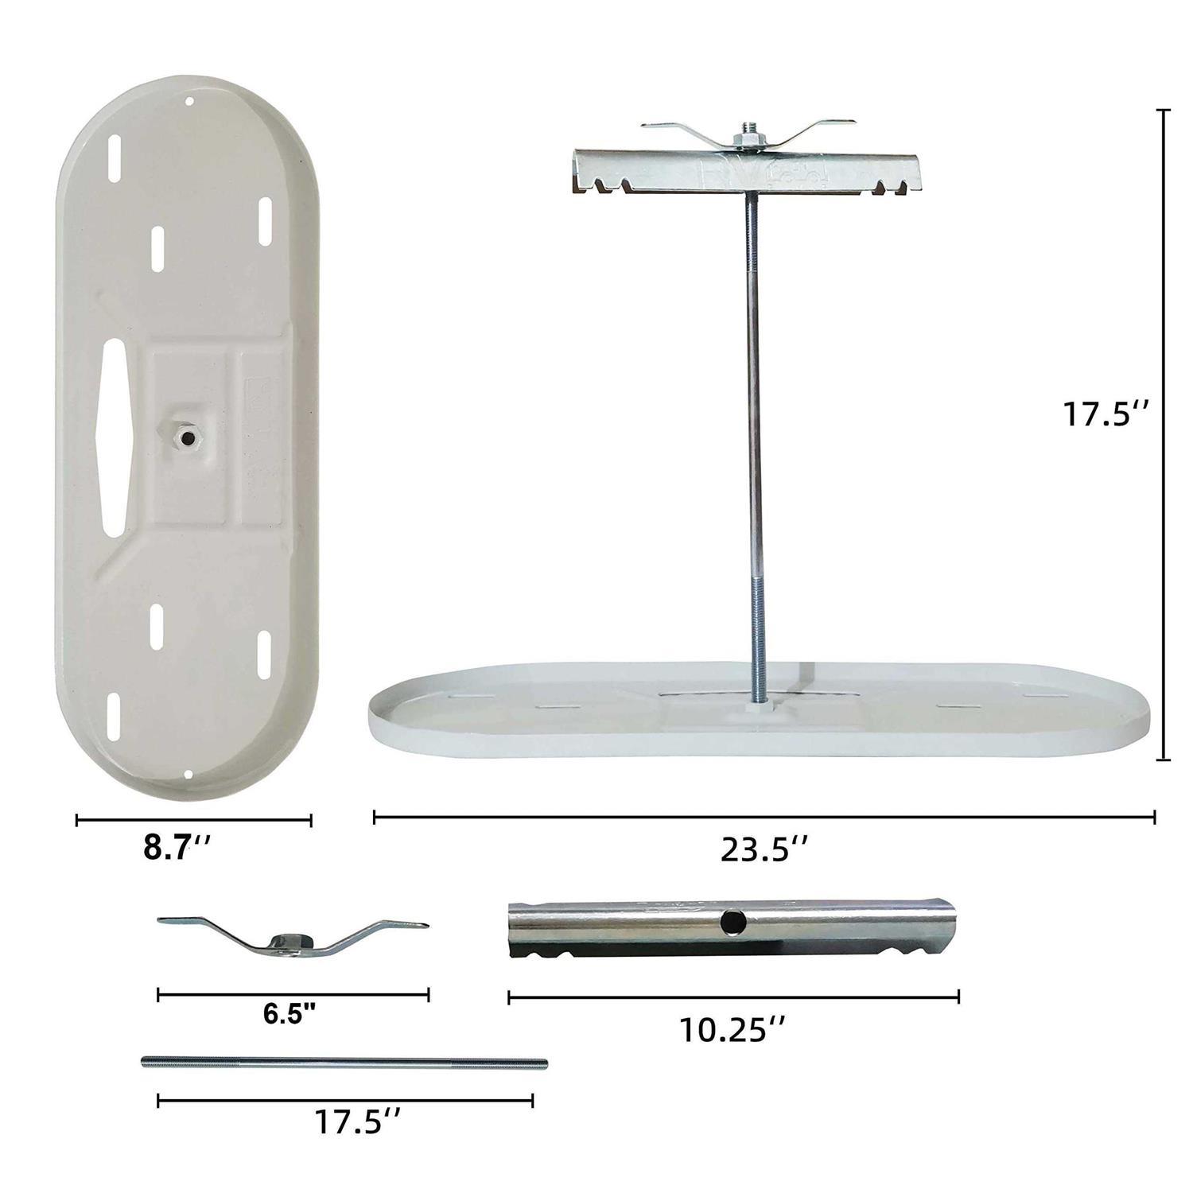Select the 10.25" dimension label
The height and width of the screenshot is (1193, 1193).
(x=733, y=1031)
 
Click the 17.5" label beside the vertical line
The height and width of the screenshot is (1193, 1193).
(x=1106, y=414)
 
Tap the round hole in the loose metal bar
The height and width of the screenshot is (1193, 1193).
(x=730, y=922)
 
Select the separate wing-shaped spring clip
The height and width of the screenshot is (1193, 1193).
(x=292, y=935)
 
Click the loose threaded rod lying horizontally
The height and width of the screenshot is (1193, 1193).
(x=344, y=1062)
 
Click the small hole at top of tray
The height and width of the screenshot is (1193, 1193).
(x=189, y=102)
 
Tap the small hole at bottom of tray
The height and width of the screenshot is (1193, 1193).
(x=187, y=775)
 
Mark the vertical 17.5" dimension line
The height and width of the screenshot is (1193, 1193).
(x=1166, y=435)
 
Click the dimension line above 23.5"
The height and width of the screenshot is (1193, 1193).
(x=764, y=817)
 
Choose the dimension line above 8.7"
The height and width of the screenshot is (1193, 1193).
(x=193, y=821)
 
